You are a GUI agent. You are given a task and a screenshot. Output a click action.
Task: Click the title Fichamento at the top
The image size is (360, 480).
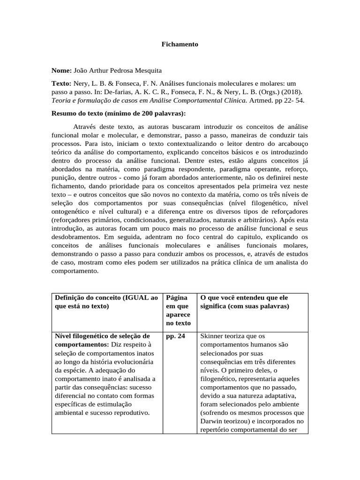(x=180, y=44)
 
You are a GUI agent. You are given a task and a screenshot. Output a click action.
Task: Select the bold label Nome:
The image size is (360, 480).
(x=61, y=70)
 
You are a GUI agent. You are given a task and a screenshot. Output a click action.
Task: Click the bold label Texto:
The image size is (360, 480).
(x=61, y=82)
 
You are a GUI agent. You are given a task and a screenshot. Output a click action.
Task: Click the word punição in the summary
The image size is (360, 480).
(x=64, y=178)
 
